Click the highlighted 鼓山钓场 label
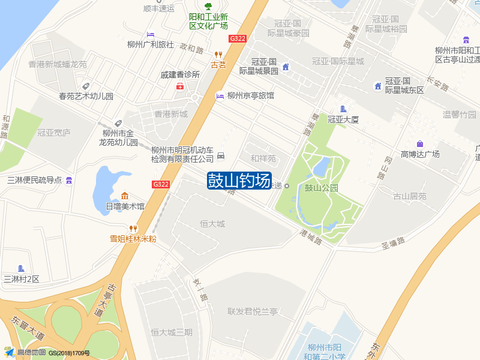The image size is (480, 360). coord(239,181)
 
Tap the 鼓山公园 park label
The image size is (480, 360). coord(322,187)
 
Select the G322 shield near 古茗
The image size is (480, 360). coord(238,38)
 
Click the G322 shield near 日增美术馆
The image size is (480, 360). coord(161,184)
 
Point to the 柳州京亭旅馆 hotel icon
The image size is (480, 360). coord(220,95)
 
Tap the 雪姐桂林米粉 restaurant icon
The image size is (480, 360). coord(133,228)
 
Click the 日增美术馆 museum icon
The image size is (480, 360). coord(125,196)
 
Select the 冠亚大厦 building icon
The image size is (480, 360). coord(343,109)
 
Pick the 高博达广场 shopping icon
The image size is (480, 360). coord(420,144)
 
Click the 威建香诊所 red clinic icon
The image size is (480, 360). coord(179,86)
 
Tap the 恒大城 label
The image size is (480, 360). coord(212,224)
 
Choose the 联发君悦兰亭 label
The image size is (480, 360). coord(253,311)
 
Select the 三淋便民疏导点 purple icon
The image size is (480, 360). coord(70,180)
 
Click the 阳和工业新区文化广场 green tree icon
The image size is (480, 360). coord(208,7)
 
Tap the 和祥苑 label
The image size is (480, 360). coord(263,159)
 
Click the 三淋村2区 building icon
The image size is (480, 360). coord(22,268)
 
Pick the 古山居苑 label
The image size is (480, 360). coord(410,196)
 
